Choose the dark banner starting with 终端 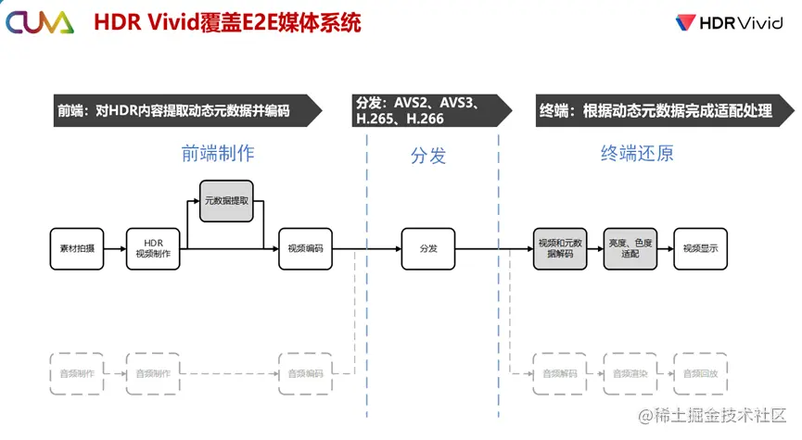coord(659,110)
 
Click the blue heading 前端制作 coord(217,154)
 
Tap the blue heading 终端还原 coord(637,154)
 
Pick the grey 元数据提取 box coord(226,200)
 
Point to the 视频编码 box coord(305,248)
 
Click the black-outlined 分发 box coord(428,248)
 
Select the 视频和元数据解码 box coord(560,248)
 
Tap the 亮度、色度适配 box coord(630,248)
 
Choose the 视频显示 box coord(701,248)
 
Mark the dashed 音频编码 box coord(305,373)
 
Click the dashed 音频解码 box coord(560,373)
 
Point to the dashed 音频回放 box coord(701,373)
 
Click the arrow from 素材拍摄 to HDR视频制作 coord(114,248)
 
